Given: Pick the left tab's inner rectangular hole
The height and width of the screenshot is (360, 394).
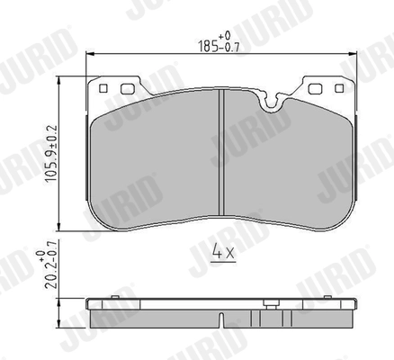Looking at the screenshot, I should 124,88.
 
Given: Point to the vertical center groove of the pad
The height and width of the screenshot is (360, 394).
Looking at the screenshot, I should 220,157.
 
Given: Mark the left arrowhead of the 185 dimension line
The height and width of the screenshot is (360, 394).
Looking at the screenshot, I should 90,54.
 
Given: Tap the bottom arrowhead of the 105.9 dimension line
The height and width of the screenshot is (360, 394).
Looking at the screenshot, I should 59,230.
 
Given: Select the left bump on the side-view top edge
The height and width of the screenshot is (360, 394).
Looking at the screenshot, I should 115,297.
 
